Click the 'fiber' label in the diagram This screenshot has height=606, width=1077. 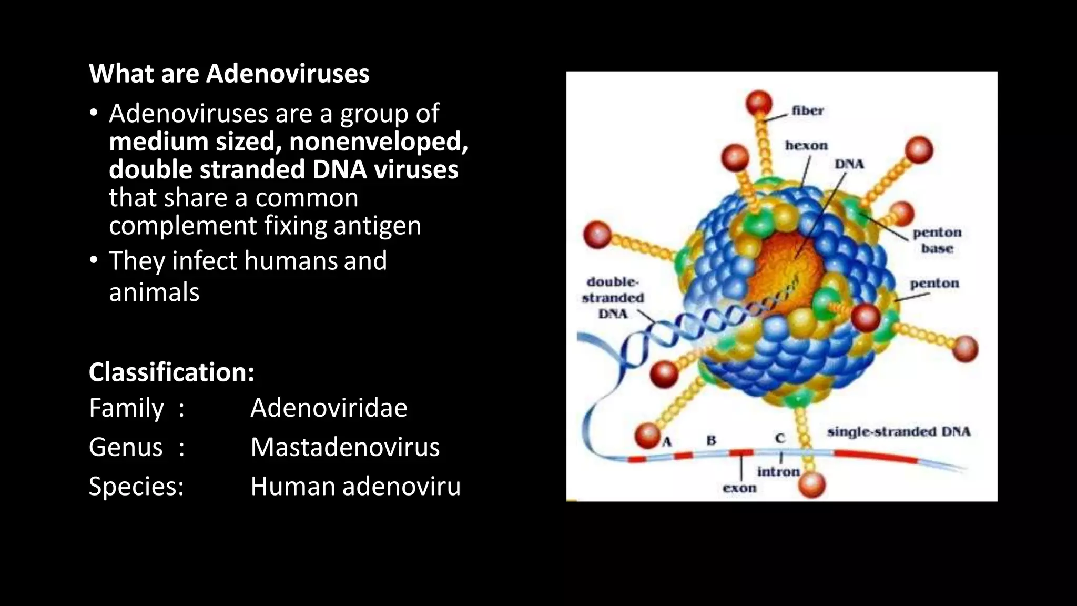click(807, 110)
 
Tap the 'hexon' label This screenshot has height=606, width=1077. click(806, 145)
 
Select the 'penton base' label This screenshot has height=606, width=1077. click(937, 240)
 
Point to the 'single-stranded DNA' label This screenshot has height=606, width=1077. click(898, 432)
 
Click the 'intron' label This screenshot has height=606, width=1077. click(778, 472)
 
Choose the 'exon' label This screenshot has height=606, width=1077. click(739, 488)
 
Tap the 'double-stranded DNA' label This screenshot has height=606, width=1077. click(613, 298)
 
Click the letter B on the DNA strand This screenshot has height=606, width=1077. click(711, 440)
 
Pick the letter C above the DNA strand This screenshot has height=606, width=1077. click(779, 438)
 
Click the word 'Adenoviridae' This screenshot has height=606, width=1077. click(329, 408)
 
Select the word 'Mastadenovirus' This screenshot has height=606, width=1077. click(345, 447)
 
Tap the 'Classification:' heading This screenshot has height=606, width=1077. click(171, 372)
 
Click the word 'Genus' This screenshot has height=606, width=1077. click(126, 447)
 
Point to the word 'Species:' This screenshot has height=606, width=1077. click(136, 486)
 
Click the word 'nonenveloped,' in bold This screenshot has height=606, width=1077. click(378, 142)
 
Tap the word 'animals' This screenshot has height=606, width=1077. click(154, 292)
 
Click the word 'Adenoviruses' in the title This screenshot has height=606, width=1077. click(288, 74)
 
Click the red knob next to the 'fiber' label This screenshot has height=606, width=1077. click(758, 103)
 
